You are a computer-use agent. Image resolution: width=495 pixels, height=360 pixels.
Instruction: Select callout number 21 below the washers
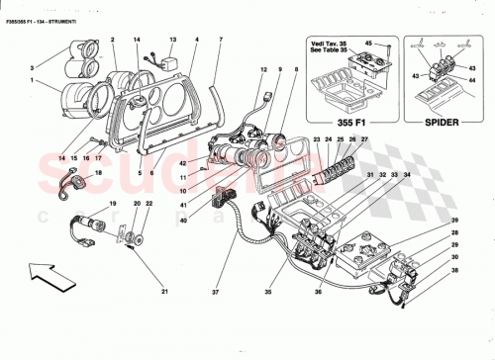coord(166,291)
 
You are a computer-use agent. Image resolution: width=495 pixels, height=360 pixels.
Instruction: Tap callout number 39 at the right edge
coord(455,220)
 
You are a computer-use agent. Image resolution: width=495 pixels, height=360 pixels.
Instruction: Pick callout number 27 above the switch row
coord(362,140)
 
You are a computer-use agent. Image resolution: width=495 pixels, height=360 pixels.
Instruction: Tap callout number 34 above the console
coord(403,176)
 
